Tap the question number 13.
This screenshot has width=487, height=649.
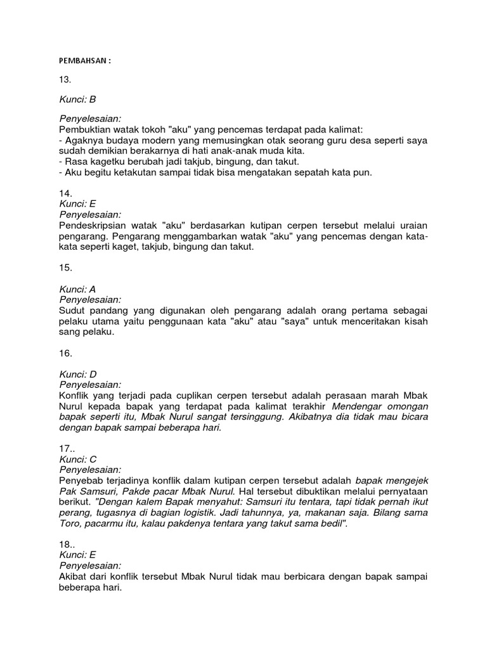point(66,80)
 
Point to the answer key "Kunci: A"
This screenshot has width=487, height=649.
point(77,289)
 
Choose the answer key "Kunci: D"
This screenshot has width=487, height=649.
point(78,374)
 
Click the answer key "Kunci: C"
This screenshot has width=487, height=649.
point(78,458)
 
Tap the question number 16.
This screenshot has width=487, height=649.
point(66,353)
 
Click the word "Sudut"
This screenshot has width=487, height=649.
point(73,310)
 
